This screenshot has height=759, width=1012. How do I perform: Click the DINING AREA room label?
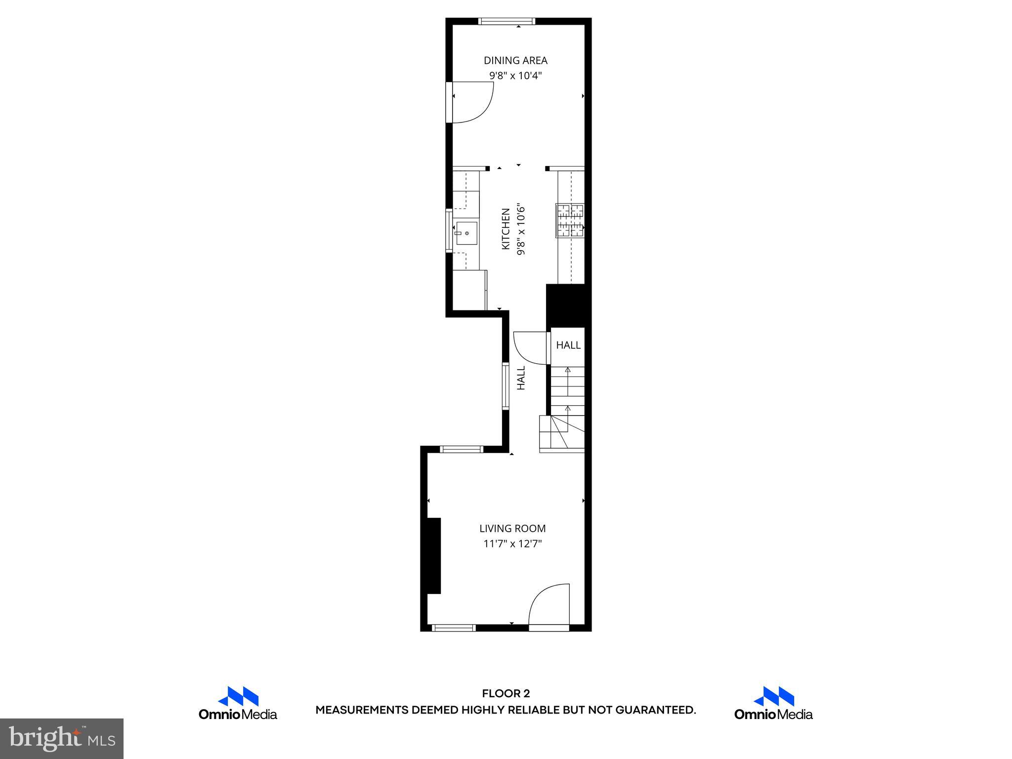pyautogui.click(x=515, y=61)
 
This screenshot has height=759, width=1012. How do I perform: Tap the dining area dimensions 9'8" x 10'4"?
pyautogui.click(x=515, y=76)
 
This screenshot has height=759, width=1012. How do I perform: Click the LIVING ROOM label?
pyautogui.click(x=512, y=528)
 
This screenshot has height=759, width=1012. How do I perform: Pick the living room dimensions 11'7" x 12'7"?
pyautogui.click(x=512, y=544)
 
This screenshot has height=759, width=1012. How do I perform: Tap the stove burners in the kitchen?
pyautogui.click(x=570, y=220)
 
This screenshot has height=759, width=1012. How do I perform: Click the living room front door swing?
pyautogui.click(x=549, y=607)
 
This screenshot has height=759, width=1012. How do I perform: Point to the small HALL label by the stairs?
pyautogui.click(x=568, y=345)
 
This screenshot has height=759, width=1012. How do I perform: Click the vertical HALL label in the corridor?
pyautogui.click(x=521, y=378)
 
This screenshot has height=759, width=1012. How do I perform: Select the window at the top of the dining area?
pyautogui.click(x=507, y=21)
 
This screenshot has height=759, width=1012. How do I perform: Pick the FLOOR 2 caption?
pyautogui.click(x=506, y=694)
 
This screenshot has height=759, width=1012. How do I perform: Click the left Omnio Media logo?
pyautogui.click(x=238, y=703)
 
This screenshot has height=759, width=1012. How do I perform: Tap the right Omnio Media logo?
pyautogui.click(x=773, y=703)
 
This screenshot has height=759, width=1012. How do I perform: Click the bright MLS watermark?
pyautogui.click(x=62, y=739)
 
